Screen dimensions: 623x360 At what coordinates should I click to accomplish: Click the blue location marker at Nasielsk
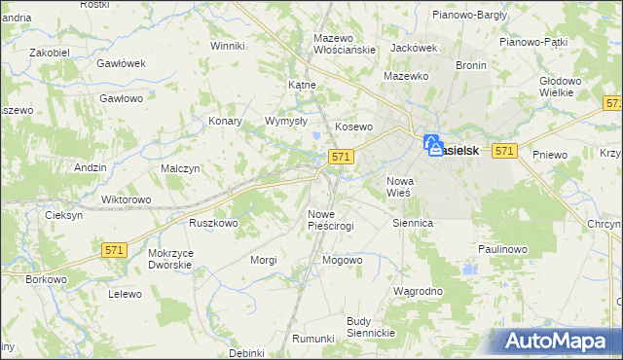[x=431, y=146]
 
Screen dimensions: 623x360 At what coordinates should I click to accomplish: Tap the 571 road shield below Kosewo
[x=340, y=156]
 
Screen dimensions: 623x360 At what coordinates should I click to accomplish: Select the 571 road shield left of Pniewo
[x=503, y=151]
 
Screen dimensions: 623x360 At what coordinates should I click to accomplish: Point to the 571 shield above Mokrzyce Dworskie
[x=114, y=250]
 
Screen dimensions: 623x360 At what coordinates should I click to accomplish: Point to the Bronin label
[x=470, y=65]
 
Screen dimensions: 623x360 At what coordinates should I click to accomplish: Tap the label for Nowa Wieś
[x=401, y=187]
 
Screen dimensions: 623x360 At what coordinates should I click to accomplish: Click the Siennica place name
[x=412, y=223]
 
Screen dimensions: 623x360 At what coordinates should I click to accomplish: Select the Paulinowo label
[x=502, y=249]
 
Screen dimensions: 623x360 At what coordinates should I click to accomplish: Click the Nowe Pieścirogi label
[x=330, y=219]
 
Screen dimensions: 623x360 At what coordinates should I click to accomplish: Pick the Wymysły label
[x=287, y=122]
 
